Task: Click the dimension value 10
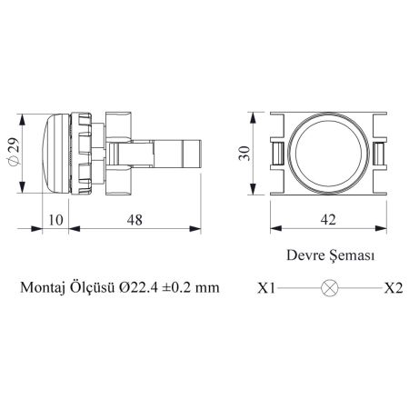point(55,220)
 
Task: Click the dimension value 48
point(135,220)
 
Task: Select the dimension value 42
point(328,220)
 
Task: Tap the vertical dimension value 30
point(244,154)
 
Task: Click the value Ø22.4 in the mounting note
point(138,287)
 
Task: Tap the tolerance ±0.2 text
point(176,287)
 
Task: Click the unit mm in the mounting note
point(207,289)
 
